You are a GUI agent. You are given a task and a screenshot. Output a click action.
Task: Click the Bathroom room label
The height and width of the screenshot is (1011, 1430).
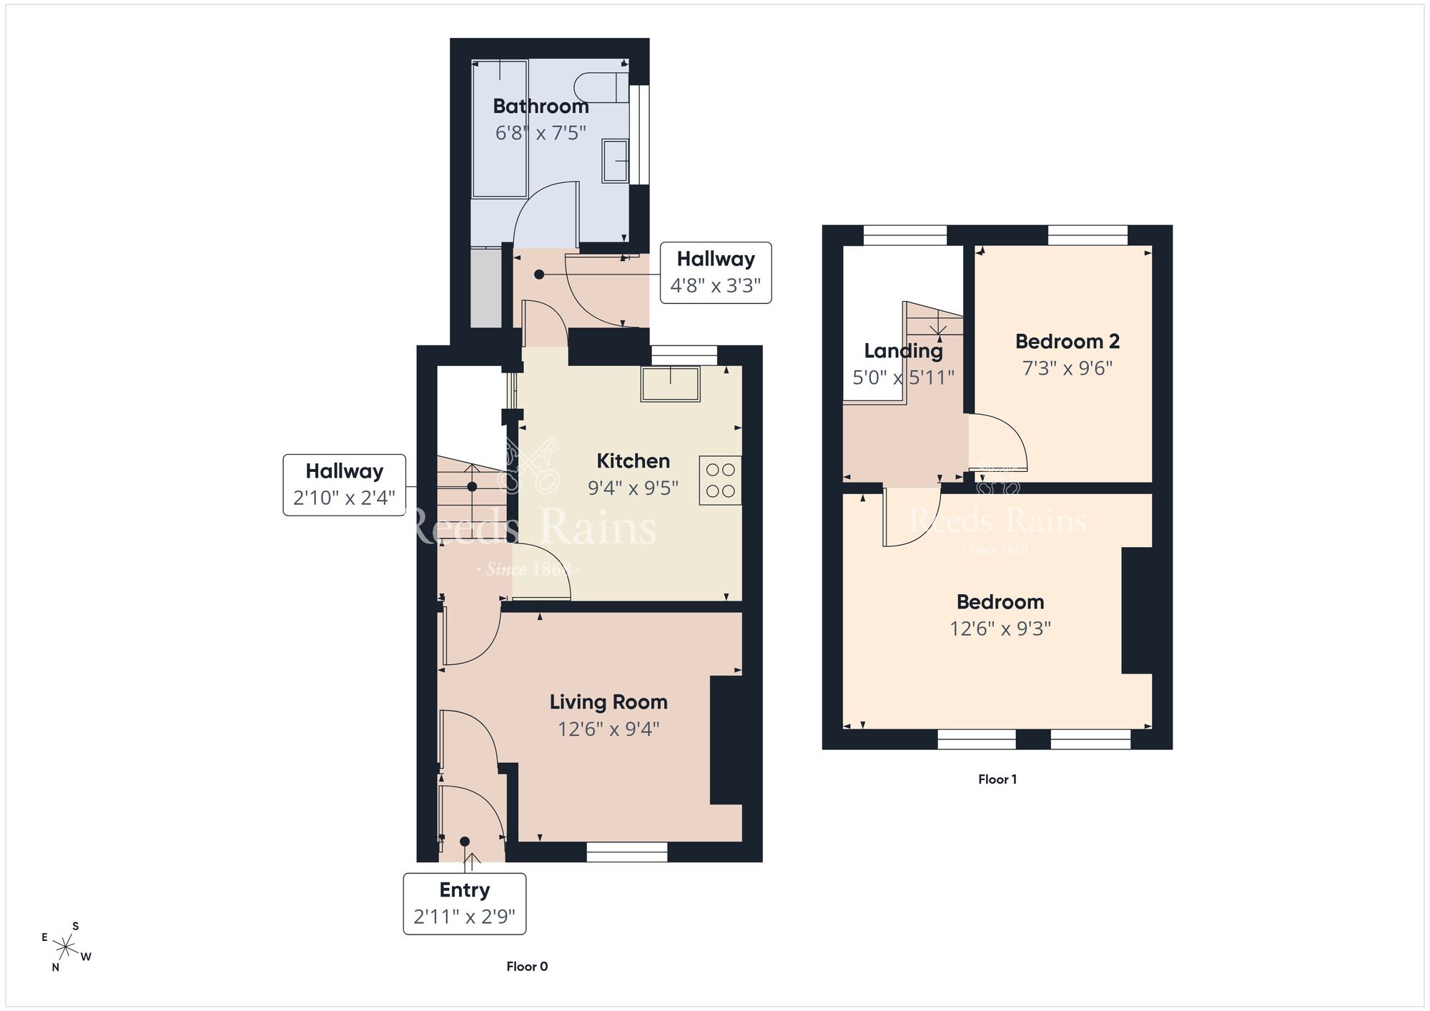541,107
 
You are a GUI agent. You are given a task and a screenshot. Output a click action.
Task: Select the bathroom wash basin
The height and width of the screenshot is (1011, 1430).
615,161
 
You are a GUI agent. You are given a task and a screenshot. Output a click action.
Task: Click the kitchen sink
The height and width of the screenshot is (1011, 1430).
670,384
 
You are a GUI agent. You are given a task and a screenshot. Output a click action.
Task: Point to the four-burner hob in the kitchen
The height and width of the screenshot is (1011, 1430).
720,480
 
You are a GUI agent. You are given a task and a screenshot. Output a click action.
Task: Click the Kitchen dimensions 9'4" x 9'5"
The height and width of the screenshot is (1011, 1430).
633,488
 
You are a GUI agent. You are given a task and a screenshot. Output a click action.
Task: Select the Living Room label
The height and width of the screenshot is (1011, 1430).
608,702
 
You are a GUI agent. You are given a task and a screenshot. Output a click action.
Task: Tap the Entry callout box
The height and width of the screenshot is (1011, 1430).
465,904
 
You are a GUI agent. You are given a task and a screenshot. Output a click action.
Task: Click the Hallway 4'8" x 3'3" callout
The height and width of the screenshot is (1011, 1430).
716,272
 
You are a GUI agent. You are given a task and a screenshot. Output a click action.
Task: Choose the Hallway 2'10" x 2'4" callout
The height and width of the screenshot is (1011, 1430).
345,485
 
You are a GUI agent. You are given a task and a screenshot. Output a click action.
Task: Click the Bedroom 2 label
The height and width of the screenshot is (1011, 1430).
1067,342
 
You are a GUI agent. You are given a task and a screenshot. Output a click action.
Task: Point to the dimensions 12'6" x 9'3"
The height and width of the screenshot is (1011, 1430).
1000,628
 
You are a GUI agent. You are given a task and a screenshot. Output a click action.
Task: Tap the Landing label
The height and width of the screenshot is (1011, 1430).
903,351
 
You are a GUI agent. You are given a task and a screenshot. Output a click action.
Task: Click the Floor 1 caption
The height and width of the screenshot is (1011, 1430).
997,779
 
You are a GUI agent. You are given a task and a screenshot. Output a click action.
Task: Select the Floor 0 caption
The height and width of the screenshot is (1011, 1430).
527,967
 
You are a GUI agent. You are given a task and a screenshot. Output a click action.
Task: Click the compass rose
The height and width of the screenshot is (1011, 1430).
66,948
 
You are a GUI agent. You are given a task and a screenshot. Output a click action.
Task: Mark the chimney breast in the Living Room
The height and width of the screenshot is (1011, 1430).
726,741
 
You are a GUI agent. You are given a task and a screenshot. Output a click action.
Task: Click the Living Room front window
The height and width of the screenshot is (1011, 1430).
627,852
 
